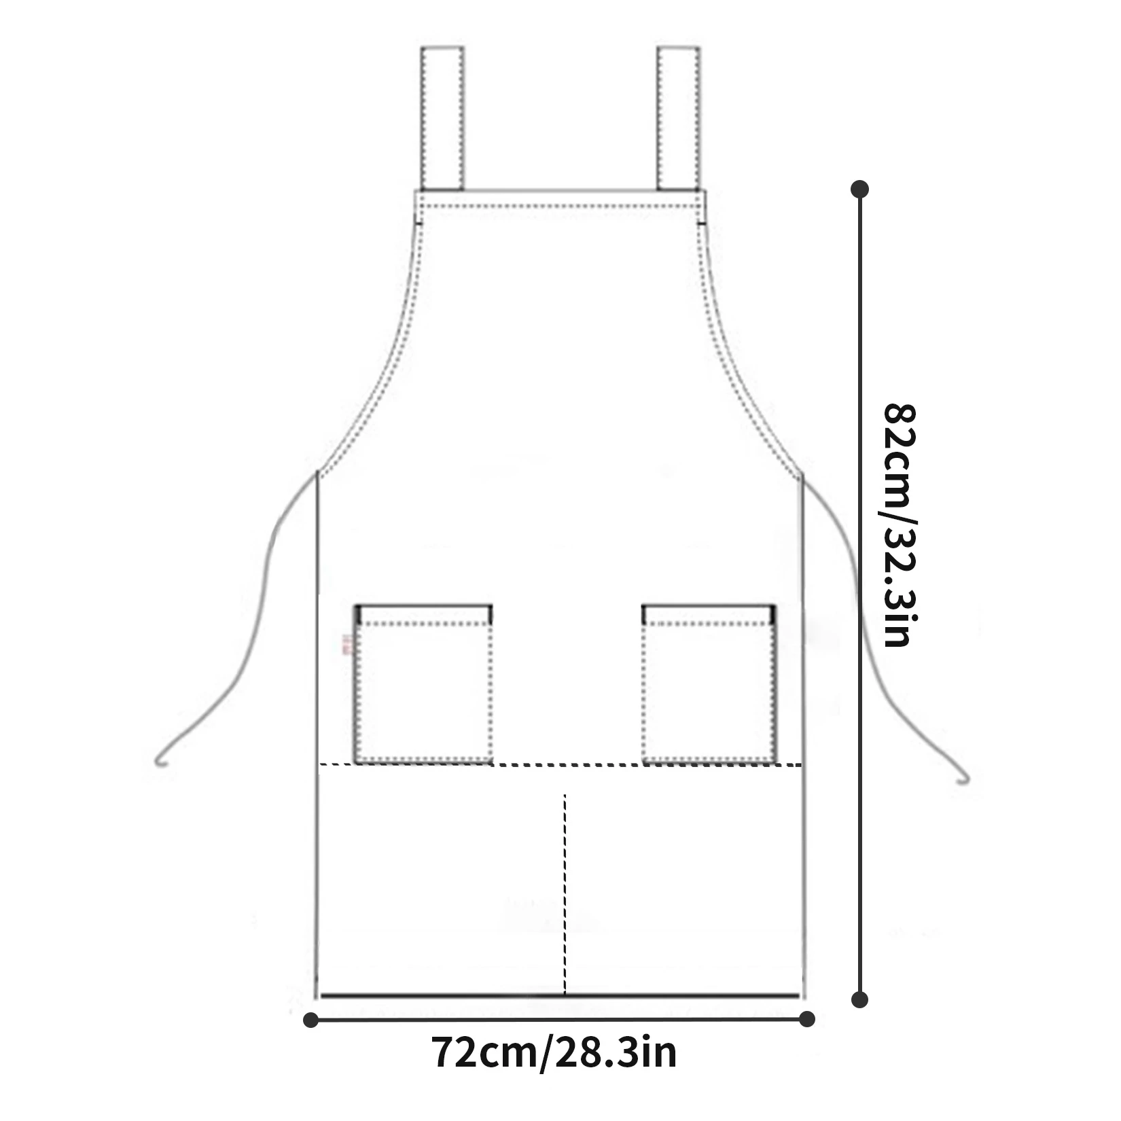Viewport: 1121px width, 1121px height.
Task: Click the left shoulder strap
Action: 442,118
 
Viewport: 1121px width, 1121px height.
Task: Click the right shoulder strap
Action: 678,118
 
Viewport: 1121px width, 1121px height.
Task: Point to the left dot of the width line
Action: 311,1019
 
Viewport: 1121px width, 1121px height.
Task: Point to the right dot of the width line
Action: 807,1019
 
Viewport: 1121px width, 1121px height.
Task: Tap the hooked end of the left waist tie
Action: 160,760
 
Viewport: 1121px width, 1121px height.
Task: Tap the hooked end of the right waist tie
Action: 962,779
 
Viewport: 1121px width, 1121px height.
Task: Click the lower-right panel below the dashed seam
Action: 683,883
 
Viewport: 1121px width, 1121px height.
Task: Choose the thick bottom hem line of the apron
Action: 560,996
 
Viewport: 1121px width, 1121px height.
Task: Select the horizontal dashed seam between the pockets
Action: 567,764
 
